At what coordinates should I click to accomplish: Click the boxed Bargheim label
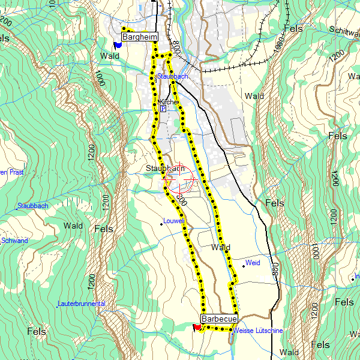pyautogui.click(x=139, y=37)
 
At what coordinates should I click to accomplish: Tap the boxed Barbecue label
pyautogui.click(x=219, y=319)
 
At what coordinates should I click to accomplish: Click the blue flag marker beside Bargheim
pyautogui.click(x=117, y=44)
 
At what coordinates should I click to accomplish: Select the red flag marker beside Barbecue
pyautogui.click(x=196, y=327)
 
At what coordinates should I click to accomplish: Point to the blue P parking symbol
pyautogui.click(x=163, y=109)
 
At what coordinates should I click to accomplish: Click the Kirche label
pyautogui.click(x=169, y=102)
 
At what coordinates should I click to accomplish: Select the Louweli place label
pyautogui.click(x=174, y=221)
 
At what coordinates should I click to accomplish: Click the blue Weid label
pyautogui.click(x=253, y=263)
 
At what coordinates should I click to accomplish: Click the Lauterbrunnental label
pyautogui.click(x=82, y=304)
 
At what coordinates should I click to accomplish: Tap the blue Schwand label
pyautogui.click(x=14, y=241)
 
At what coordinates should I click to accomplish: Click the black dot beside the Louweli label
pyautogui.click(x=161, y=224)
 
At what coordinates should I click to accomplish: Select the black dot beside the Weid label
pyautogui.click(x=243, y=265)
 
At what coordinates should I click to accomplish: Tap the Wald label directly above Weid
pyautogui.click(x=221, y=247)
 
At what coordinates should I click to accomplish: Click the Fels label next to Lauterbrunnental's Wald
pyautogui.click(x=104, y=229)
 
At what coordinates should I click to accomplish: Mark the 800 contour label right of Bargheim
pyautogui.click(x=176, y=45)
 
